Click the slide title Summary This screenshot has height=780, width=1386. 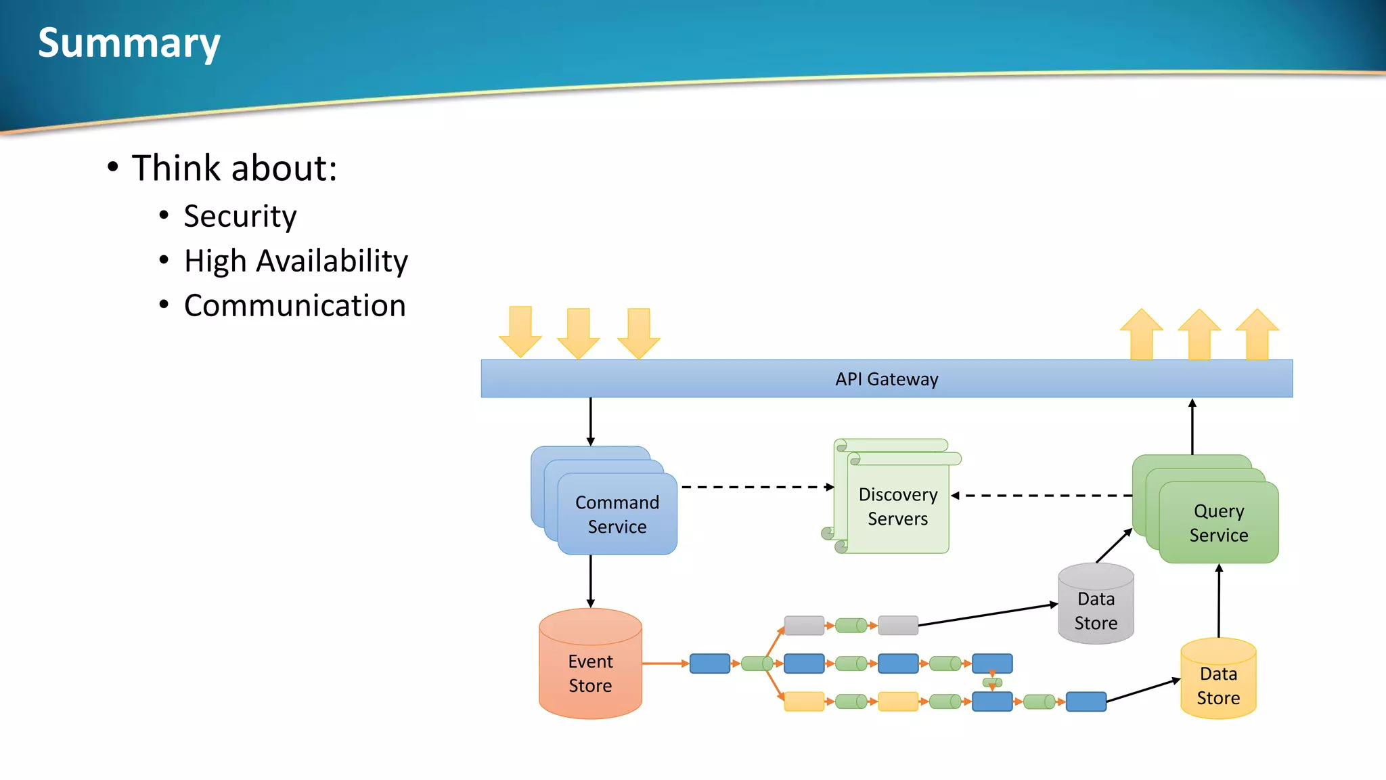[x=129, y=43]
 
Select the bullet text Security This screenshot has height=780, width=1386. [x=240, y=217]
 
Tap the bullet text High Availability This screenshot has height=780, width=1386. [x=296, y=261]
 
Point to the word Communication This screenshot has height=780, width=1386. [x=294, y=306]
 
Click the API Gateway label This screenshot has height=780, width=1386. [x=887, y=379]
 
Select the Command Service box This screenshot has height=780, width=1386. [x=617, y=515]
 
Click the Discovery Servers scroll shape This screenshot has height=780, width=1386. [x=897, y=506]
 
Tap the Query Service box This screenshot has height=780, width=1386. [x=1218, y=523]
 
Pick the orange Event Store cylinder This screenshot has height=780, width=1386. [x=590, y=673]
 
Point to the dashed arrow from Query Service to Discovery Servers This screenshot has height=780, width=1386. [x=1042, y=496]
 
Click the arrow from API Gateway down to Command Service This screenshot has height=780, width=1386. [x=590, y=421]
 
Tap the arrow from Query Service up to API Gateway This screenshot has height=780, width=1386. [x=1192, y=427]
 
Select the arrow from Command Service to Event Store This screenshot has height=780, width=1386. [x=590, y=581]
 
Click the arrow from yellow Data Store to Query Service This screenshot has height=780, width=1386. [x=1219, y=601]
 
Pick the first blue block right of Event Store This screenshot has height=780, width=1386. [x=709, y=664]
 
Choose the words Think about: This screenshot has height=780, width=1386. [x=233, y=168]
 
